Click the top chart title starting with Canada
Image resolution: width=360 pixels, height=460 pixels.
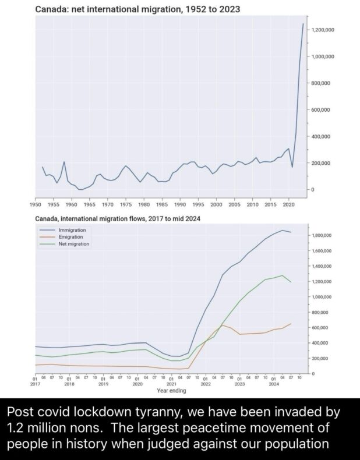click(x=137, y=9)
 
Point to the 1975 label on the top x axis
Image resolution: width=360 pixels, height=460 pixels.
click(x=125, y=204)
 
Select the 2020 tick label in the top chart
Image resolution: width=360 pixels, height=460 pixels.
click(x=288, y=204)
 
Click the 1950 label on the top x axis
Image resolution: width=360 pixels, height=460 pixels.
click(x=35, y=204)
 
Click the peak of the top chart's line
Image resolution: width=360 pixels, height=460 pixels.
click(x=303, y=24)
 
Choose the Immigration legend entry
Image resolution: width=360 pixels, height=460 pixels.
click(x=72, y=231)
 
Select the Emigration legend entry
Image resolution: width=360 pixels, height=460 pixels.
click(x=71, y=237)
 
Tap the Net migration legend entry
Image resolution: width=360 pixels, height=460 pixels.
click(x=74, y=244)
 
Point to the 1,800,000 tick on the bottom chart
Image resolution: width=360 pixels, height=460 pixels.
click(x=322, y=236)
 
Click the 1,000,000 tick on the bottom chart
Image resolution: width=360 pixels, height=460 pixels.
click(x=322, y=297)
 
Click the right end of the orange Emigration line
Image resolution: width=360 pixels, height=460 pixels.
click(x=291, y=323)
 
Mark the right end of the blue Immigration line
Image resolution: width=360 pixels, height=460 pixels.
click(x=291, y=232)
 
